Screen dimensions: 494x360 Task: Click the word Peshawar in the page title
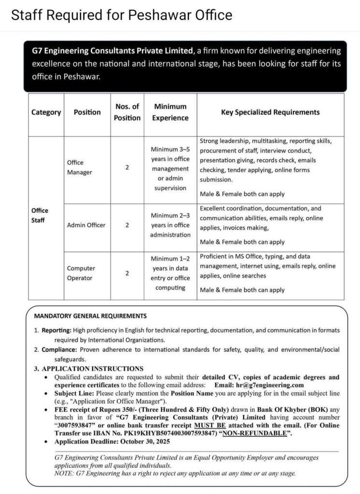click(157, 15)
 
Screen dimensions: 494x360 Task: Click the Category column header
click(46, 112)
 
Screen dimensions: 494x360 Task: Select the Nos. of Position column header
click(127, 112)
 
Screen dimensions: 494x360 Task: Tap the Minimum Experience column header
click(170, 112)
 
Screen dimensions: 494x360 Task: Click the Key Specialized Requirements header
click(270, 112)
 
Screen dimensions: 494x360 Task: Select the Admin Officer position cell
click(86, 225)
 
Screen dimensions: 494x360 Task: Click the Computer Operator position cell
click(81, 273)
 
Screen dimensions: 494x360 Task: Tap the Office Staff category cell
click(40, 215)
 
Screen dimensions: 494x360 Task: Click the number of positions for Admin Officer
click(127, 225)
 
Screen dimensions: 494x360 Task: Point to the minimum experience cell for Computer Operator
click(170, 273)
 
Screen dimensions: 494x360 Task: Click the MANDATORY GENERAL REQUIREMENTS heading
click(90, 316)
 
